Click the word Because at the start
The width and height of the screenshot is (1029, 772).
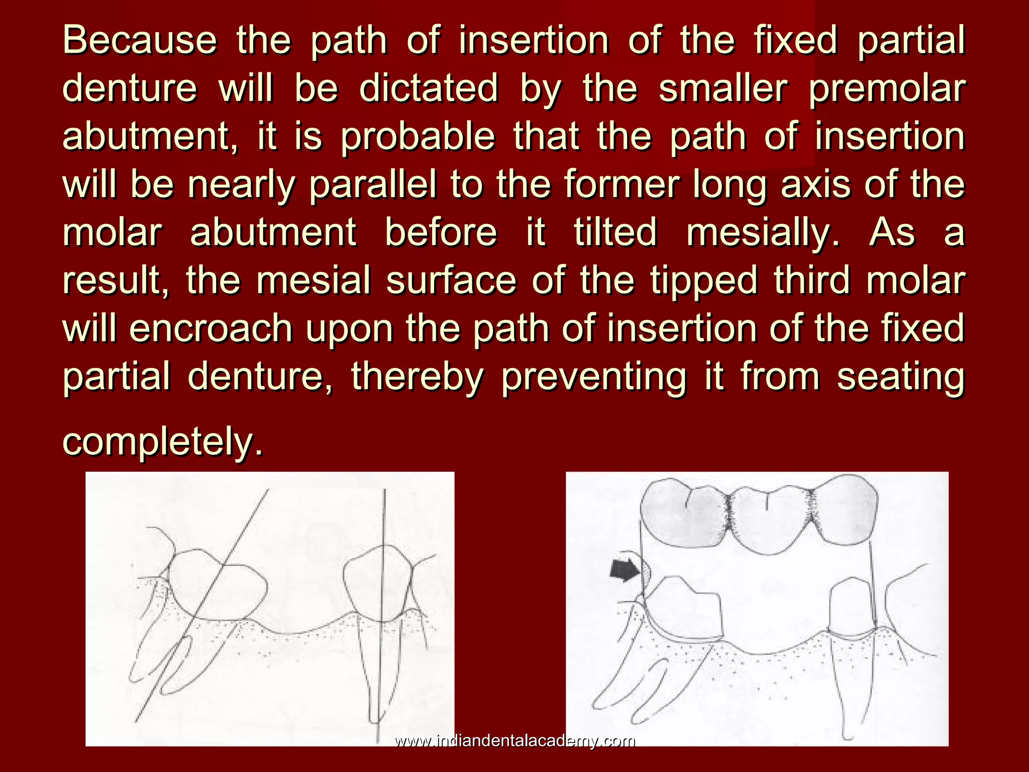pyautogui.click(x=139, y=40)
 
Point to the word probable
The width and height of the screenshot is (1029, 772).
pyautogui.click(x=418, y=137)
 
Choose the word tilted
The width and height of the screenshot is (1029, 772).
pyautogui.click(x=615, y=232)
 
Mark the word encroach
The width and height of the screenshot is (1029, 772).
pyautogui.click(x=211, y=328)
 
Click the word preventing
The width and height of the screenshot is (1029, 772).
pyautogui.click(x=593, y=377)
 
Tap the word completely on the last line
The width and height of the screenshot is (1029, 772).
pyautogui.click(x=162, y=441)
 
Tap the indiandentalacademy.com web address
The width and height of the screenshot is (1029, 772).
pyautogui.click(x=514, y=741)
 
